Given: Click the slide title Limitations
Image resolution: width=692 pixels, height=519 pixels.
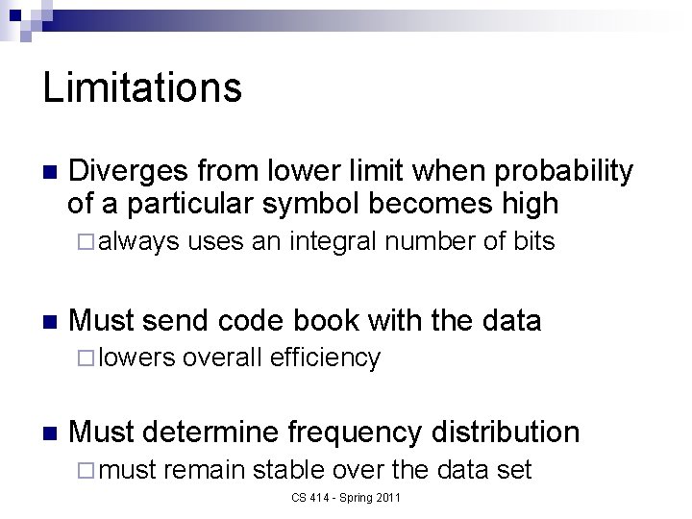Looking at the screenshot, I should click(x=142, y=88).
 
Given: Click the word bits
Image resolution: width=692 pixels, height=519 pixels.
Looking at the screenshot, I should click(x=533, y=241).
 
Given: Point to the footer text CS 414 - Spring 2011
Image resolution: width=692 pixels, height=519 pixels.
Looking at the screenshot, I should click(x=346, y=497).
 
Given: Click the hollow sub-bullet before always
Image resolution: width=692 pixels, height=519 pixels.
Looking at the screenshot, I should click(x=81, y=242).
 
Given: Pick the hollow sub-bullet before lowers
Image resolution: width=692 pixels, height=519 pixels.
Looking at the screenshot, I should click(x=81, y=358).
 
